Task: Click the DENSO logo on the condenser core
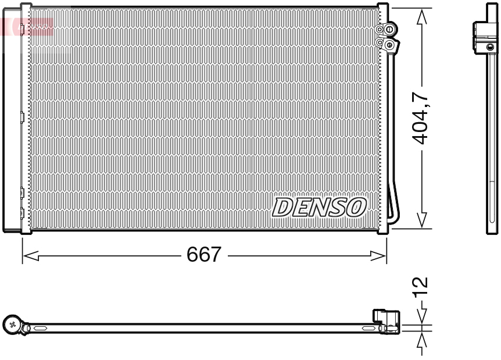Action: point(319,207)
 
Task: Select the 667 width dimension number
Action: point(204,255)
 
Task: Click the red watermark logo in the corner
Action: point(26,26)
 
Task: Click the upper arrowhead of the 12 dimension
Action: point(423,316)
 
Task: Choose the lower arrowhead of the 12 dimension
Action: point(423,340)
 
